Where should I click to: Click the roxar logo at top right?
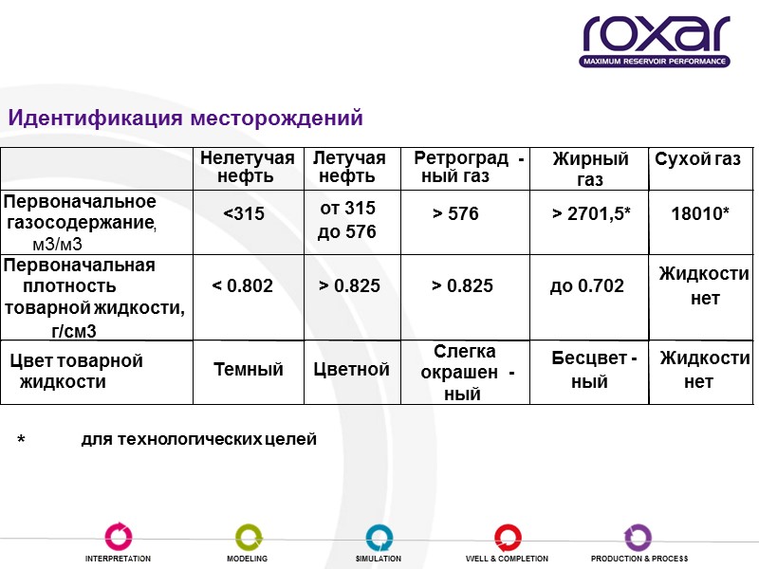click(x=656, y=42)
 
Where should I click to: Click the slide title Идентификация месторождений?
click(x=186, y=119)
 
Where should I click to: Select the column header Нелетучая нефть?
click(x=247, y=167)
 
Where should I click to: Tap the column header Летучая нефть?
click(x=349, y=167)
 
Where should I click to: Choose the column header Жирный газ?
click(x=590, y=169)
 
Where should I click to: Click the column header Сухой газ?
click(x=698, y=159)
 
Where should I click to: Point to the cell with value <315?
click(x=244, y=214)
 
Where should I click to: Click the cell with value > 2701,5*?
click(x=592, y=214)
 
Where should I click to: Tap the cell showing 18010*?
click(x=700, y=214)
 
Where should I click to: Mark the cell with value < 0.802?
click(x=242, y=284)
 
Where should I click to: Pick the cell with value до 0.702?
click(x=586, y=284)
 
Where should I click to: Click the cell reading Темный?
click(x=249, y=370)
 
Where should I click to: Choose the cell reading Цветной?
click(x=351, y=370)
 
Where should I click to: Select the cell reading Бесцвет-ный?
click(x=593, y=370)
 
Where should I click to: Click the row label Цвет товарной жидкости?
click(x=75, y=371)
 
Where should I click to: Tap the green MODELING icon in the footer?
click(x=247, y=537)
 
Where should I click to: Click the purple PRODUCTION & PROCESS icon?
click(x=639, y=537)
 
